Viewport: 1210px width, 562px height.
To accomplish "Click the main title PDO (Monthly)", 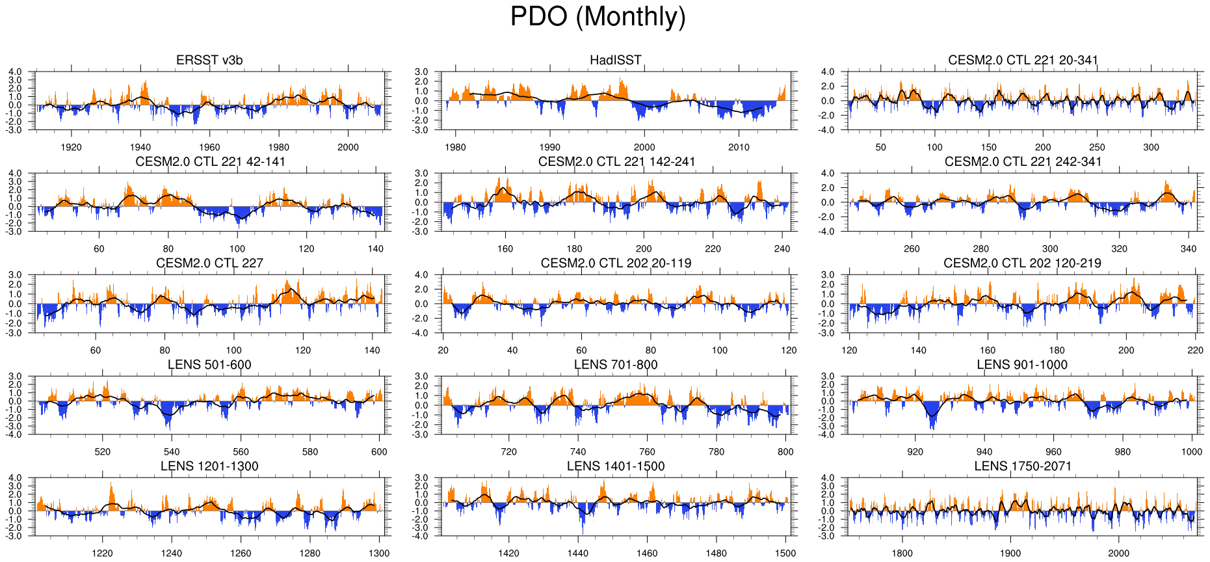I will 598,17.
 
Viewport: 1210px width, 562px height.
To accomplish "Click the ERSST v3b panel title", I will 209,60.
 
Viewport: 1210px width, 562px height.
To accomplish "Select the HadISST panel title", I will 615,60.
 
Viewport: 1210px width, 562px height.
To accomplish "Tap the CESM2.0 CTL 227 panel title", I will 209,263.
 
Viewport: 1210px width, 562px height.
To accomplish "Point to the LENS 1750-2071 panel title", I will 1023,466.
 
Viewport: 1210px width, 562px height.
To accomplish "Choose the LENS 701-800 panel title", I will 616,365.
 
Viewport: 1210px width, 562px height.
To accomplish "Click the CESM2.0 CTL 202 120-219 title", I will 1022,263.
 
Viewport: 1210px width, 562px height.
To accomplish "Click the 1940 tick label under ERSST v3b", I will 140,147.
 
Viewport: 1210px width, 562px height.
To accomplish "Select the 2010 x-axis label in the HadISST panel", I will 739,147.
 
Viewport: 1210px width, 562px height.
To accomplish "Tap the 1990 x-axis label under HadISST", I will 549,147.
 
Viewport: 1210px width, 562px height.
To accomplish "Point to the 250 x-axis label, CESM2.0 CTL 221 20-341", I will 1097,147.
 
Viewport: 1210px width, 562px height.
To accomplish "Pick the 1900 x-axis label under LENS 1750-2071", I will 1010,553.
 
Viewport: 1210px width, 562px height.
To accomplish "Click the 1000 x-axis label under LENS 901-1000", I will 1192,451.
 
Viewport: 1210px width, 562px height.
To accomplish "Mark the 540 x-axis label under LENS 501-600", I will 172,451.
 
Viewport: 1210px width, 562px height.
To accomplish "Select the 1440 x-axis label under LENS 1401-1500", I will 578,553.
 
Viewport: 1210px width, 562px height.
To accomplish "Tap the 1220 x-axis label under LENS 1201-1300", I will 102,553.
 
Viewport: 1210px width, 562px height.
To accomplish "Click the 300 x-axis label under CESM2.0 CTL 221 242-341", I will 1050,248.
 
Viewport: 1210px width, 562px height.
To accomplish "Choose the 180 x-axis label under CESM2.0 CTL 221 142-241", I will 574,248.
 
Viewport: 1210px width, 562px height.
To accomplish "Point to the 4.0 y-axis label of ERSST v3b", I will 15,72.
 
